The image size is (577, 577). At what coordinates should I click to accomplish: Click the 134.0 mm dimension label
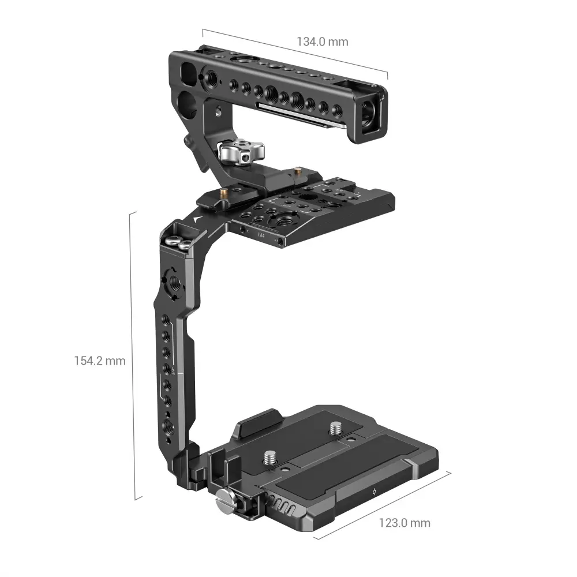click(x=323, y=42)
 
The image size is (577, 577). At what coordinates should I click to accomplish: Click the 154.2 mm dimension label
click(x=100, y=361)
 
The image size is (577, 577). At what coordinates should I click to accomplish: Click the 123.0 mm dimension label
click(x=404, y=523)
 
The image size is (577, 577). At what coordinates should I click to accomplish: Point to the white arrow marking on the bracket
click(x=197, y=220)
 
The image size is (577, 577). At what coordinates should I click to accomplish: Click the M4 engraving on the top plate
click(x=261, y=234)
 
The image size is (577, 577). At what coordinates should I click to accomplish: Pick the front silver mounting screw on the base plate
click(x=269, y=458)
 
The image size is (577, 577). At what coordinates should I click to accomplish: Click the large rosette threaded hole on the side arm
click(x=174, y=283)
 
